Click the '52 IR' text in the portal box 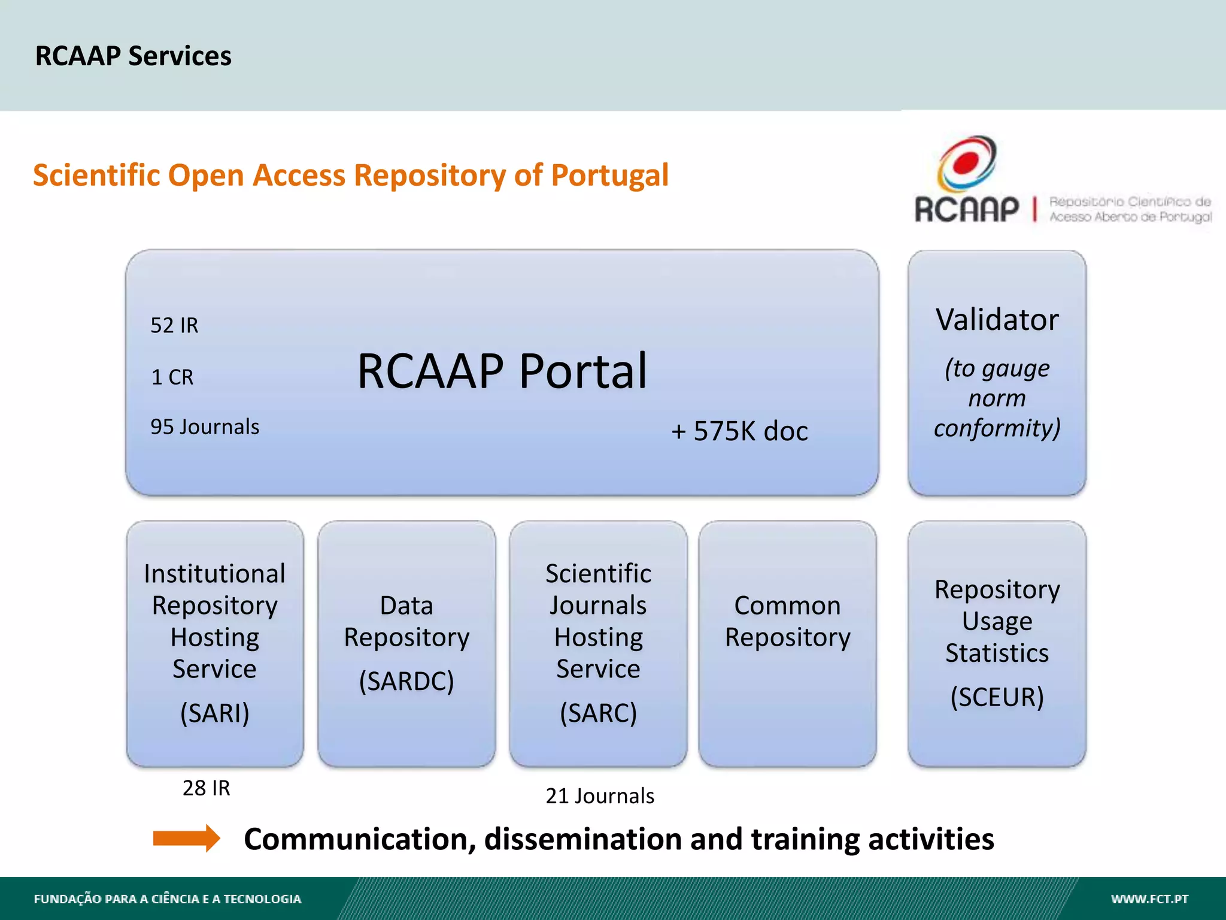pyautogui.click(x=174, y=325)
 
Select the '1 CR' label pyautogui.click(x=172, y=377)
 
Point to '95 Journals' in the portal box pyautogui.click(x=205, y=427)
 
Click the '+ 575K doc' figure pyautogui.click(x=739, y=431)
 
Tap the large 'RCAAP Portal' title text pyautogui.click(x=502, y=371)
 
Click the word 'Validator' pyautogui.click(x=997, y=320)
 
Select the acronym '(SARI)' pyautogui.click(x=214, y=713)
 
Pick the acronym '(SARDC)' pyautogui.click(x=406, y=681)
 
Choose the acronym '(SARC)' pyautogui.click(x=598, y=713)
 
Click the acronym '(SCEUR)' pyautogui.click(x=997, y=697)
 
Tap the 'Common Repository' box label pyautogui.click(x=787, y=621)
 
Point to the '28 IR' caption pyautogui.click(x=206, y=788)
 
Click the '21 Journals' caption pyautogui.click(x=600, y=796)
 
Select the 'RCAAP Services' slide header pyautogui.click(x=133, y=56)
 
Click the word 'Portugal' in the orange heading pyautogui.click(x=609, y=175)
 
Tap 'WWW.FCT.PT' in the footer pyautogui.click(x=1149, y=899)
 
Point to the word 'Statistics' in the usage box pyautogui.click(x=997, y=653)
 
